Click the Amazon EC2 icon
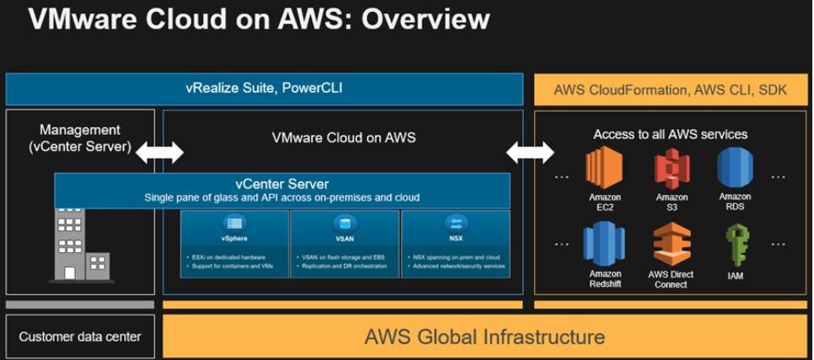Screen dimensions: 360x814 point(605,167)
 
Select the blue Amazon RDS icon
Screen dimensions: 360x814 point(735,167)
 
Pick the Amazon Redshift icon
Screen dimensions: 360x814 point(605,244)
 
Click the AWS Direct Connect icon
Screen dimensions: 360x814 point(671,244)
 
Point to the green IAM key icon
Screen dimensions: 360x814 point(736,245)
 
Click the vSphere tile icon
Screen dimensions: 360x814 point(234,223)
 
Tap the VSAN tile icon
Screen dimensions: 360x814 point(344,223)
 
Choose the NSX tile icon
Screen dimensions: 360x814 point(456,223)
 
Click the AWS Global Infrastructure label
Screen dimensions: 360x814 point(484,337)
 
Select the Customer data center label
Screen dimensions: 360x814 point(80,337)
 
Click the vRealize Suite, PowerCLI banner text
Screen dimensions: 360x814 point(264,88)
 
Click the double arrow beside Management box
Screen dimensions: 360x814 point(159,153)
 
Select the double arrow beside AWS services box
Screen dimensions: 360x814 point(530,153)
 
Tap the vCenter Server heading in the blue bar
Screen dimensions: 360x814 point(282,184)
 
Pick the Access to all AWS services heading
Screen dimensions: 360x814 point(670,134)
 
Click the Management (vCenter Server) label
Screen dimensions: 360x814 point(80,138)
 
